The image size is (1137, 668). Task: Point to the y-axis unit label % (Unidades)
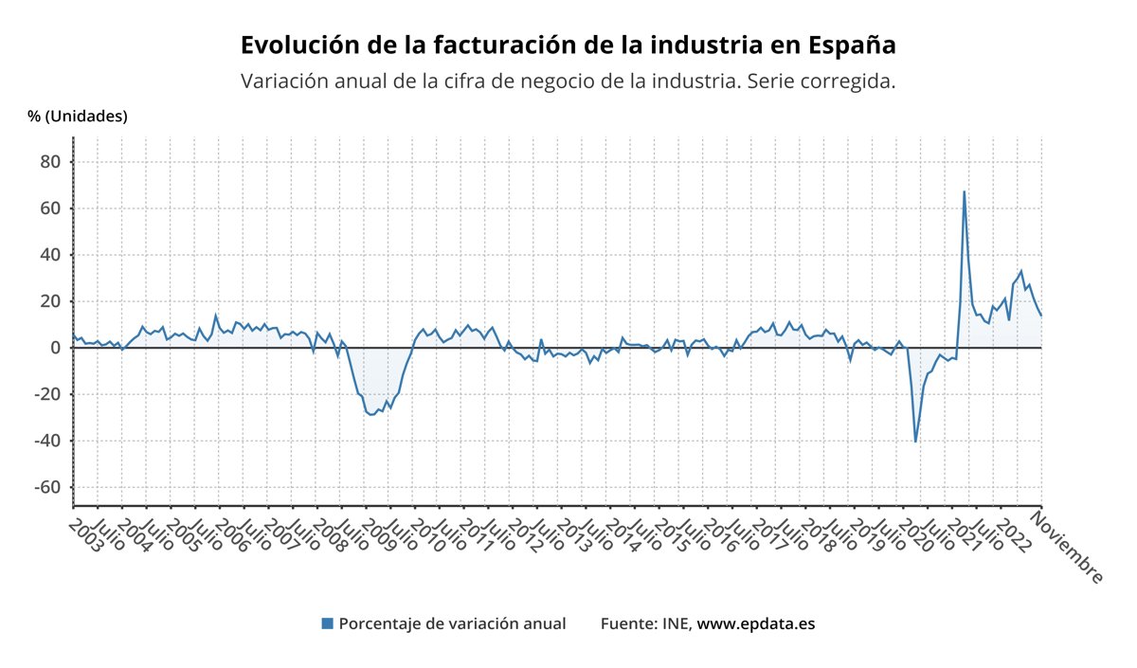tap(78, 117)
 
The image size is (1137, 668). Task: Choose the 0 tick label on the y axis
tap(55, 348)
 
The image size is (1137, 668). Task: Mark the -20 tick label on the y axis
tap(46, 394)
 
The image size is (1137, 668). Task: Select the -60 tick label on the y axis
tap(46, 487)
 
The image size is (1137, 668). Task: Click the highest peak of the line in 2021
tap(965, 192)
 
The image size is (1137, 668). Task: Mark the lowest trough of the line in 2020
tap(915, 441)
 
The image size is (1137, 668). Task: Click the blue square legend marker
tap(328, 623)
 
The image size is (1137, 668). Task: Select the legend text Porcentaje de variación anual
tap(452, 623)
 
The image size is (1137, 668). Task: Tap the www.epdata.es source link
tap(756, 623)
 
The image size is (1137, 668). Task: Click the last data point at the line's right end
tap(1041, 315)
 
